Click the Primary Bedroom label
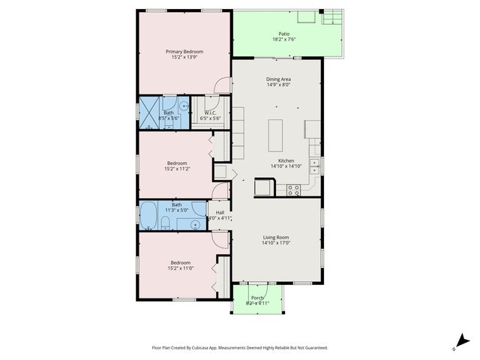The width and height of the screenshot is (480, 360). tap(184, 51)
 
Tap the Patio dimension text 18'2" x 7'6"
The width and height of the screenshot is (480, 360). tap(283, 40)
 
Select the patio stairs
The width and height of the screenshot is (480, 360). tap(332, 19)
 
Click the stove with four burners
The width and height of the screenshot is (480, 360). tap(293, 190)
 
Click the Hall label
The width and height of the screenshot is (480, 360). tap(220, 212)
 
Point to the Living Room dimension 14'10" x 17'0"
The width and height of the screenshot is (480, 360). tap(276, 243)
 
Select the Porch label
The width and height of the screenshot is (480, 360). tap(257, 298)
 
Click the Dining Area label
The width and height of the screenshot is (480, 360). tap(278, 79)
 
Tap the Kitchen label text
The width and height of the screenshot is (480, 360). tap(286, 160)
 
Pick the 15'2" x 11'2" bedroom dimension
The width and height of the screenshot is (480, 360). tap(177, 169)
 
